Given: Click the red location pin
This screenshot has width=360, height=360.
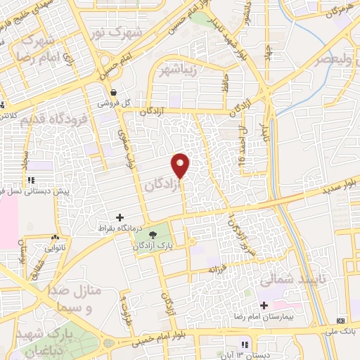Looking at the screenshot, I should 181,165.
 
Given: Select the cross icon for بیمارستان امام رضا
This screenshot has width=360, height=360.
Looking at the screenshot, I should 264,306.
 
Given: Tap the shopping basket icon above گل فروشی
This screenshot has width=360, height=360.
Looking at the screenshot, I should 113,92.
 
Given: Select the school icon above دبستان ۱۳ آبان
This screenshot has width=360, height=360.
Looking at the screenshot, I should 244,345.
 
